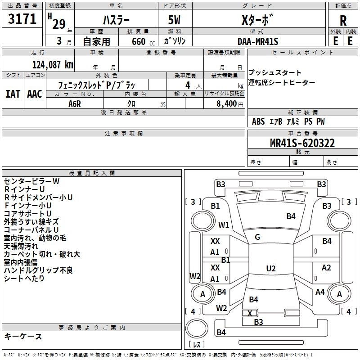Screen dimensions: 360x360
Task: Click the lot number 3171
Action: [x=22, y=18]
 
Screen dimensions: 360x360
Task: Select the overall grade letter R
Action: [x=343, y=21]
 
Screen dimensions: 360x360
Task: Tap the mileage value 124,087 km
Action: [x=53, y=64]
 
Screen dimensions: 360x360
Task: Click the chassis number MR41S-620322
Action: [x=302, y=143]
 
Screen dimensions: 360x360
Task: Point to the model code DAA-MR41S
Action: [x=258, y=41]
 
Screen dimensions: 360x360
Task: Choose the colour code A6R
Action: [x=75, y=104]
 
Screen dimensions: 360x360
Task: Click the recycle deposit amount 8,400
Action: [x=227, y=103]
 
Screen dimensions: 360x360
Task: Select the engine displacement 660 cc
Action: [x=143, y=41]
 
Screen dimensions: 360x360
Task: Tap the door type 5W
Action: [x=174, y=20]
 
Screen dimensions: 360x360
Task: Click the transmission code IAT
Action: [x=13, y=94]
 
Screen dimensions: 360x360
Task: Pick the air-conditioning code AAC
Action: [x=35, y=94]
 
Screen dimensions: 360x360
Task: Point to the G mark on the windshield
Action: [x=257, y=237]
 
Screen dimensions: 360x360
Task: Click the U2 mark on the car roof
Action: [x=271, y=268]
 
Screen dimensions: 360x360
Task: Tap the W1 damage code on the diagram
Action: [x=224, y=225]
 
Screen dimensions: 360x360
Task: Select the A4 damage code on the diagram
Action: [x=320, y=292]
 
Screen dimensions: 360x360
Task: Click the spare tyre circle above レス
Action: [x=197, y=328]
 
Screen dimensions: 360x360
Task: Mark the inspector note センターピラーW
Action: [x=31, y=181]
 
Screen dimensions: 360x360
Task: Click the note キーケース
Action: [x=23, y=336]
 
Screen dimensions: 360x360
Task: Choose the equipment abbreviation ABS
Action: [x=258, y=121]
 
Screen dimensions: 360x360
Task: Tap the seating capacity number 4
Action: [x=188, y=85]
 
